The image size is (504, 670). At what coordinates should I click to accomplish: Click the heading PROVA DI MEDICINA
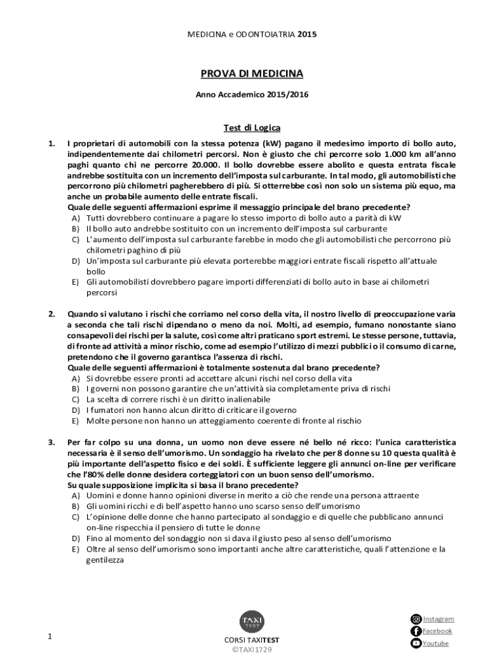(252, 75)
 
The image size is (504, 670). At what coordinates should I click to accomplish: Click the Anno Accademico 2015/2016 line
(252, 95)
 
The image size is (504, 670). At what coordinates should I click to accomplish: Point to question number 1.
(51, 144)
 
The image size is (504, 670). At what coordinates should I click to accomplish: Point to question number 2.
(51, 314)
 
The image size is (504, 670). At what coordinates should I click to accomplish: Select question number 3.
(51, 443)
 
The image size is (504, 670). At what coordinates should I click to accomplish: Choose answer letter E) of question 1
(76, 281)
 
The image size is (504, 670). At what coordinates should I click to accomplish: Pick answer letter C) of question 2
(76, 399)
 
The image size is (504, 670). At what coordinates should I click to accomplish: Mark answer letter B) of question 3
(76, 506)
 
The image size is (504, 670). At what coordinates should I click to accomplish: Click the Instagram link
(438, 619)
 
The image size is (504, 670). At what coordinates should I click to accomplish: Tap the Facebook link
(437, 631)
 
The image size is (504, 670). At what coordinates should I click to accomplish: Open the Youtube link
(435, 644)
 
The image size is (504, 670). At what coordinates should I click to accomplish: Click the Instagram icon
(416, 619)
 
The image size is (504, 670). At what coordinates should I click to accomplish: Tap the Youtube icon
(416, 644)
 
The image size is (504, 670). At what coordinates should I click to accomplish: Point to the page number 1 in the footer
(50, 637)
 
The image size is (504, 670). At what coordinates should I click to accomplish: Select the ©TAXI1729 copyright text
(252, 650)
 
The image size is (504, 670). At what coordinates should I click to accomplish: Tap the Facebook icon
(416, 631)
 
